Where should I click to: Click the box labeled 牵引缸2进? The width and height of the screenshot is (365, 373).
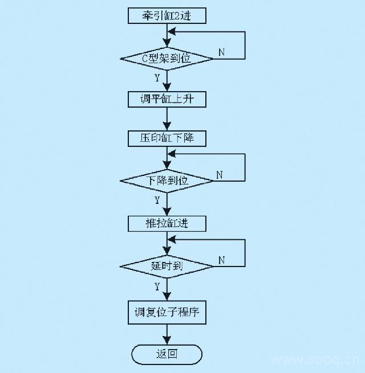coord(167,16)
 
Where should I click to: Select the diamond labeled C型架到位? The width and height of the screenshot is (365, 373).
coord(167,58)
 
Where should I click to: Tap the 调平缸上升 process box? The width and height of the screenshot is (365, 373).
coord(167,100)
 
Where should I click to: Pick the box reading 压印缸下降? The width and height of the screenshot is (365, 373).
coord(167,138)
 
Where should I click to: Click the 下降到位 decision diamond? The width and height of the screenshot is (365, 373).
coord(167,181)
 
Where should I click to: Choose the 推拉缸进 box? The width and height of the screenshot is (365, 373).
coord(167,223)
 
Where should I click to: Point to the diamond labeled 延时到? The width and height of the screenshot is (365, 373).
coord(167,266)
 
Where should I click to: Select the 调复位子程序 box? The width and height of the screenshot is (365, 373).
coord(167,313)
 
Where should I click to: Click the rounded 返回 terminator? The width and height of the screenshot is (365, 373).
coord(167,354)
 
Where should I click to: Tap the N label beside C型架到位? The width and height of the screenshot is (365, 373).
coord(221,52)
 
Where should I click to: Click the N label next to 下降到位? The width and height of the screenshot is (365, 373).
coord(218,175)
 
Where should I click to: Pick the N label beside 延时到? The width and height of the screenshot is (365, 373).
coord(221,260)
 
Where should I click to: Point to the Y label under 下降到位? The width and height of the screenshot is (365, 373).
coord(157,200)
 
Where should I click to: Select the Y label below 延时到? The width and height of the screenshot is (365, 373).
coord(157,285)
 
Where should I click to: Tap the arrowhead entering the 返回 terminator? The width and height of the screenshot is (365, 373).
coord(167,341)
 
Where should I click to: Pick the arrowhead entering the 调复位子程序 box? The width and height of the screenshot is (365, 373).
coord(167,298)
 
